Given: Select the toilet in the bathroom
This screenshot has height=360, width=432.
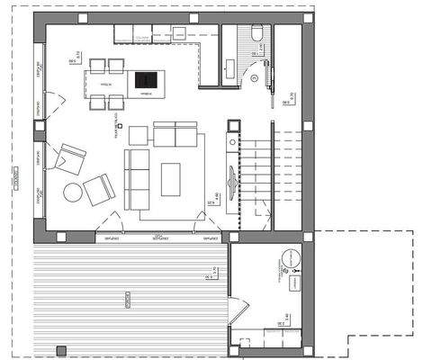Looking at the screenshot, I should click(x=257, y=33).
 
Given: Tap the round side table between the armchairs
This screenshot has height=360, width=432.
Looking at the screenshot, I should click(x=72, y=192).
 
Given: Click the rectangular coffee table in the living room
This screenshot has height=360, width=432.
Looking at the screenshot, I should click(x=170, y=178).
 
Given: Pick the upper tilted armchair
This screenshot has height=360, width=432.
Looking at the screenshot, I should click(x=68, y=158).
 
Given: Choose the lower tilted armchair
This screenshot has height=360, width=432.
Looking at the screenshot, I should click(x=99, y=190).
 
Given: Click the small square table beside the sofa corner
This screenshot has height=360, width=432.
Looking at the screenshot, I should click(x=138, y=135).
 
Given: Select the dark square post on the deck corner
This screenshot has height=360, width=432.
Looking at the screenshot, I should click(x=60, y=349).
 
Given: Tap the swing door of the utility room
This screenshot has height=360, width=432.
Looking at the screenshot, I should click(x=237, y=311).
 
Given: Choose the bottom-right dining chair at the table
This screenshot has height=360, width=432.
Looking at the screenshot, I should click(x=116, y=102).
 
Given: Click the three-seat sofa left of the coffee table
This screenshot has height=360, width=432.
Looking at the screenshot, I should click(x=136, y=178).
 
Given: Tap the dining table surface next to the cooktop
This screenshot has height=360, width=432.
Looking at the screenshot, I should click(x=109, y=83).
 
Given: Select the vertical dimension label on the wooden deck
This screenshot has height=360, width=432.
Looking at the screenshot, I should click(x=129, y=298).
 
